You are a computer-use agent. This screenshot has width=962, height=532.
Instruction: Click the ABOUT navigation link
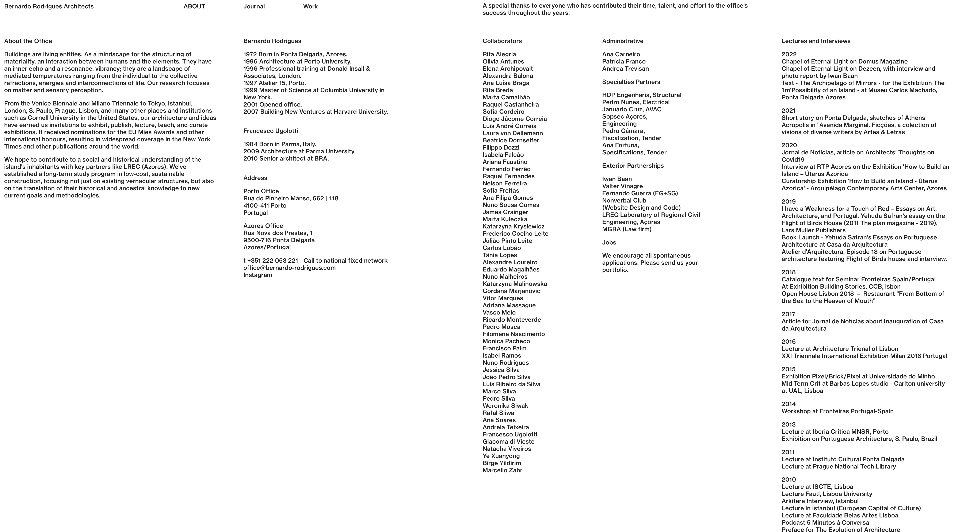[194, 6]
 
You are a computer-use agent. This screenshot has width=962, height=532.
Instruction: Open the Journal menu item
[254, 6]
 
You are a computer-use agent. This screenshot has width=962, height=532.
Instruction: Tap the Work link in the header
[310, 6]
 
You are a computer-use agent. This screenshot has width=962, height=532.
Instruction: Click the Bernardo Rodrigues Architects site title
[49, 6]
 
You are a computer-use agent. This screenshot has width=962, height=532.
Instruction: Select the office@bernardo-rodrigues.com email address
[289, 268]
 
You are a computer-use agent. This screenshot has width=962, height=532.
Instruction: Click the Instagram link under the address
[258, 275]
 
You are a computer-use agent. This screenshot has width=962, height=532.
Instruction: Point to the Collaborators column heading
[502, 41]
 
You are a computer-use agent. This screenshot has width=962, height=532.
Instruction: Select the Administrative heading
[623, 41]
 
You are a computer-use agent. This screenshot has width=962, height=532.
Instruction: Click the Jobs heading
[609, 242]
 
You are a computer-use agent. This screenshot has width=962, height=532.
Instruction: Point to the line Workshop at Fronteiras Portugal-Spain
[837, 411]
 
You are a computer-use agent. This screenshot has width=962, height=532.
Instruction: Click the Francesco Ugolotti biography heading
[270, 131]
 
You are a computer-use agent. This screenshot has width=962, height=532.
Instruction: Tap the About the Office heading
[28, 41]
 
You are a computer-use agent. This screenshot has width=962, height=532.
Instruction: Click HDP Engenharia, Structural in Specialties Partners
[642, 95]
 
